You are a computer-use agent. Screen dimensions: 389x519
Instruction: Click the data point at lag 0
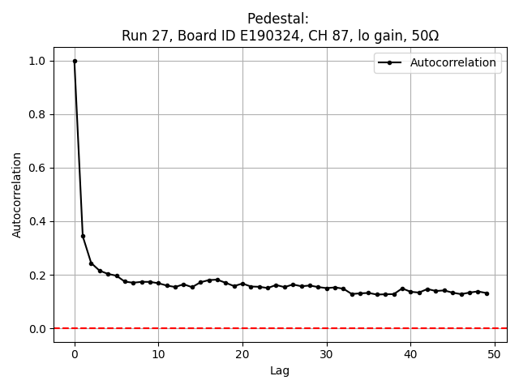coord(75,61)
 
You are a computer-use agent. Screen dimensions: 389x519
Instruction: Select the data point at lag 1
coord(83,236)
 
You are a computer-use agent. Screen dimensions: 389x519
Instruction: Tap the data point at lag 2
coord(91,263)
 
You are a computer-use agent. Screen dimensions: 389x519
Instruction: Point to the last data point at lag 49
coord(487,293)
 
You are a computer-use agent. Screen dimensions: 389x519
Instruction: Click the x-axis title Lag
coord(280,371)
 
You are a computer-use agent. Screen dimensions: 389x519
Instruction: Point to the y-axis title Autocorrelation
coord(17,194)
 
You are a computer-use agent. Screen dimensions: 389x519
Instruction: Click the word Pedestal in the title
coord(279,19)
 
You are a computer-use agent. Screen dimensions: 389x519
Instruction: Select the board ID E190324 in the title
coord(269,35)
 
